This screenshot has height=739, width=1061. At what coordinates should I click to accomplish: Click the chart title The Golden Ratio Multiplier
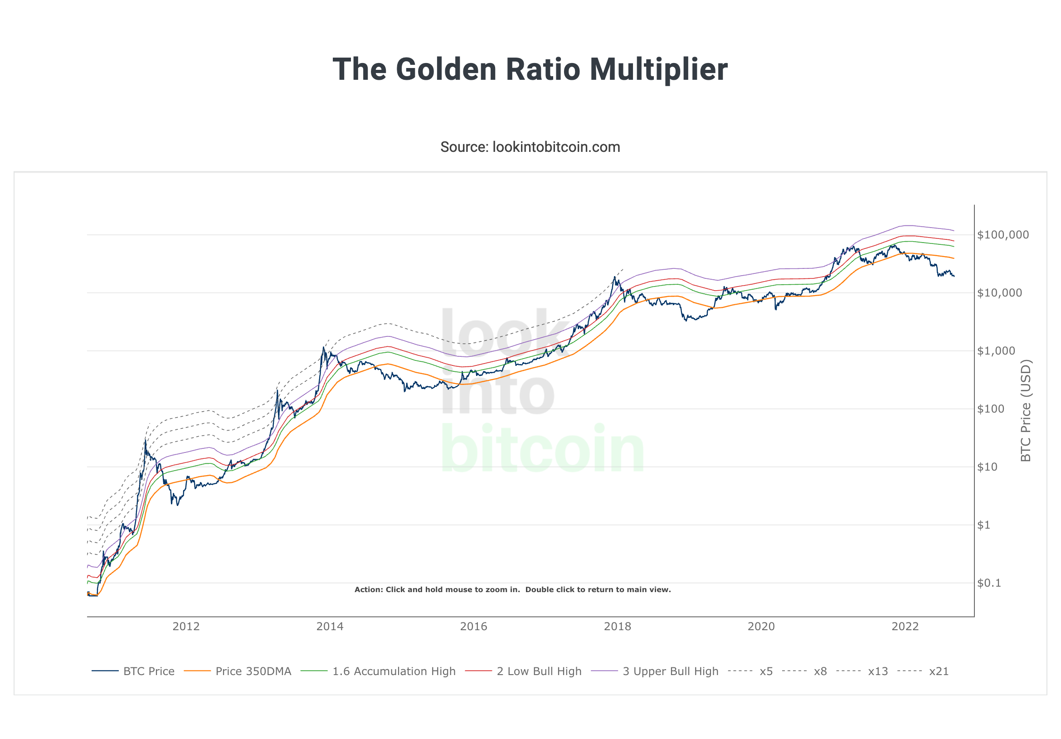[530, 69]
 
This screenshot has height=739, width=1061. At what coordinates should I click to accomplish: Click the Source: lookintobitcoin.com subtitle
[530, 147]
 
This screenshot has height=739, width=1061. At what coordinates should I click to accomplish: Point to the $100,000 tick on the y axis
[1003, 235]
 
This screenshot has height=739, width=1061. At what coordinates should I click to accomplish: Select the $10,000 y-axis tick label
[999, 293]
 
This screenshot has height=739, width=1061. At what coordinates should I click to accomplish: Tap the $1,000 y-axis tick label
[996, 351]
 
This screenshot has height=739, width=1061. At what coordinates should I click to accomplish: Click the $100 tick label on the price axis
[991, 409]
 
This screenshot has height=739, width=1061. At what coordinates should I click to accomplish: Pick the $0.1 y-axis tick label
[989, 583]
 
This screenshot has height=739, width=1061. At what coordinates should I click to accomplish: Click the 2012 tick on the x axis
[186, 626]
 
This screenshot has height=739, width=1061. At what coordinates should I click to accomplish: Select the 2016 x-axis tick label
[474, 626]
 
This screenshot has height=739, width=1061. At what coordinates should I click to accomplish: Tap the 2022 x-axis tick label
[905, 626]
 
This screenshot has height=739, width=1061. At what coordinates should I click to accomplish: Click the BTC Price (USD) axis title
[1026, 411]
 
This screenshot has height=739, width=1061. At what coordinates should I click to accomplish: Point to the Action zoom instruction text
[512, 590]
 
